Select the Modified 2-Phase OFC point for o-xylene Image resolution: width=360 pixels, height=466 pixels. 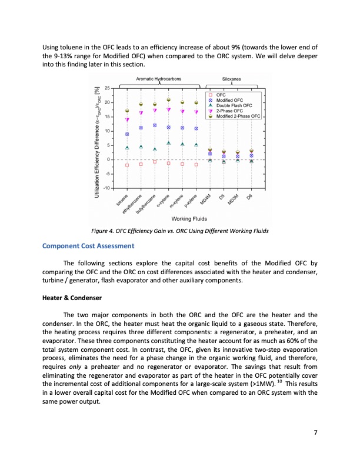(x=169, y=100)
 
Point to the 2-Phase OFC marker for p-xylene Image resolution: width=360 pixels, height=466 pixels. (x=196, y=112)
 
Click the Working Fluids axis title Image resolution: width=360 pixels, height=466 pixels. (x=183, y=219)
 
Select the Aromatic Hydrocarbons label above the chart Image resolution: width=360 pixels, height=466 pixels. (x=158, y=78)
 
